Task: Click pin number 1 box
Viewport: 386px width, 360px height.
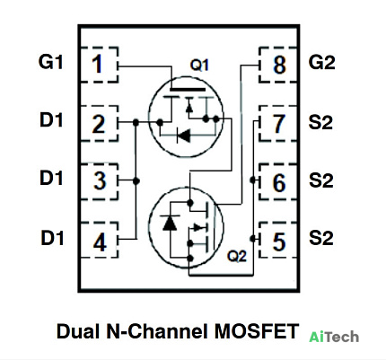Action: (x=100, y=65)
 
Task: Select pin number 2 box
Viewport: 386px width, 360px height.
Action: (x=100, y=123)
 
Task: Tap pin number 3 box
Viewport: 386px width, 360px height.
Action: (x=100, y=181)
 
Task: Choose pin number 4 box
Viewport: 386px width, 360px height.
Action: (x=100, y=240)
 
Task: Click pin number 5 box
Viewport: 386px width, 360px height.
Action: (x=278, y=240)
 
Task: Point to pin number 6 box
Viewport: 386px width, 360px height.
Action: (x=278, y=181)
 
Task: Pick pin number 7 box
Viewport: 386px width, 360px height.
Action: (x=278, y=123)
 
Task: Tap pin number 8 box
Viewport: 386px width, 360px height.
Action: (x=278, y=65)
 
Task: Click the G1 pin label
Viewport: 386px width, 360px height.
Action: (x=51, y=62)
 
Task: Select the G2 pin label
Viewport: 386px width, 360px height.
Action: (x=321, y=63)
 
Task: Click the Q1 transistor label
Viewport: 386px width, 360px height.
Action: (x=199, y=65)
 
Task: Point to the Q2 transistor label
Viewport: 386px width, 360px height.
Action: (x=237, y=256)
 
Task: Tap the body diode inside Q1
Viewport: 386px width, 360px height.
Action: (x=183, y=136)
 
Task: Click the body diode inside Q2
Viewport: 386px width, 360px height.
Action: (x=170, y=223)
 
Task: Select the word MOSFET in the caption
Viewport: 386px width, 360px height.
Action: (x=257, y=331)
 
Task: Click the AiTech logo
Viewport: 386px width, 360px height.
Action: (x=334, y=337)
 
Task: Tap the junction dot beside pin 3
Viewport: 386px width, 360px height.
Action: (x=136, y=180)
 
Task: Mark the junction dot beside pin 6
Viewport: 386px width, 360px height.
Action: (x=253, y=180)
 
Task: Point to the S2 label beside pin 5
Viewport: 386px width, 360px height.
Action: (x=321, y=238)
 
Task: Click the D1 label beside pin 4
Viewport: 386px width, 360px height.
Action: (x=52, y=238)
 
